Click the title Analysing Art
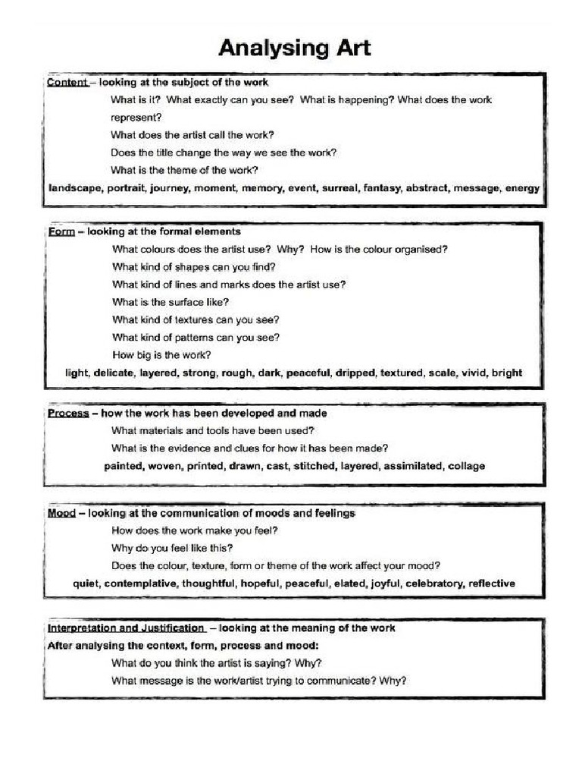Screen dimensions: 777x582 point(295,49)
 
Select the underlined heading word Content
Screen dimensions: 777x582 point(67,82)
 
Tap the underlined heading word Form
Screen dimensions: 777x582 point(61,231)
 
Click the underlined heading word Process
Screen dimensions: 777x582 point(68,414)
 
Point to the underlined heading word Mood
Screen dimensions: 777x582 point(61,514)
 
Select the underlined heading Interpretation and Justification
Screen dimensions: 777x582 point(126,628)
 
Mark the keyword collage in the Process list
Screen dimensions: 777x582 point(466,466)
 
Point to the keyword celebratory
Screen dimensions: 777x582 point(433,584)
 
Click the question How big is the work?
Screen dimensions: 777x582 point(161,355)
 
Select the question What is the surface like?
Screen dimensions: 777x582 point(171,302)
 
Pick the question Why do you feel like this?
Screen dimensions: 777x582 point(172,548)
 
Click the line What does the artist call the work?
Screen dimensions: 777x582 point(192,136)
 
